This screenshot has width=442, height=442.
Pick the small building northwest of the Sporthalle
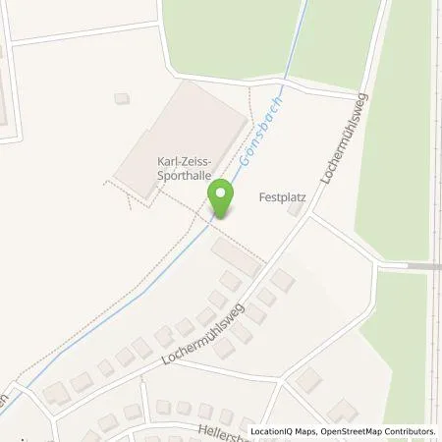click(x=122, y=98)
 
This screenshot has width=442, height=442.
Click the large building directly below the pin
click(x=235, y=258)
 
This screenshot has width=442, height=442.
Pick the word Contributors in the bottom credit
click(x=406, y=431)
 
